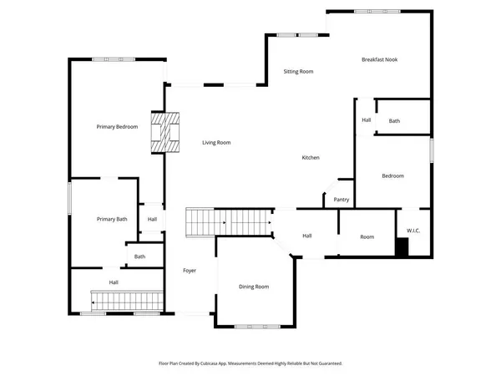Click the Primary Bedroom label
coord(117,126)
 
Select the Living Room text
coord(216,143)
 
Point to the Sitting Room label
coord(298,72)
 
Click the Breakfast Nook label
coord(379,59)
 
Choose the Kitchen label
coord(311,158)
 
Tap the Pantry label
coord(341,200)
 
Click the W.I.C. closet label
coord(413,231)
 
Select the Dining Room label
coord(254,287)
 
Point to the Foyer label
coord(190,271)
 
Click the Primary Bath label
coord(111,219)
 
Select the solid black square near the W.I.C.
coord(402,248)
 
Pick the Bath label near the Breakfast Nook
coord(394,121)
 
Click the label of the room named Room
coord(367,237)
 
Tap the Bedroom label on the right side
coord(393,175)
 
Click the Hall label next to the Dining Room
coord(306,236)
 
